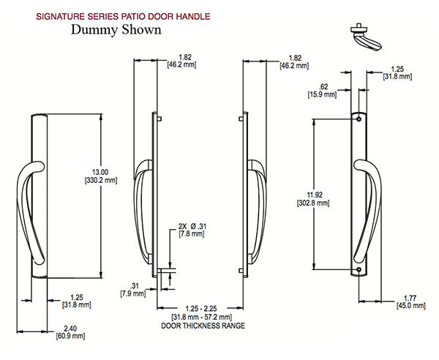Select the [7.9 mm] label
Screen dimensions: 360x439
click(x=132, y=294)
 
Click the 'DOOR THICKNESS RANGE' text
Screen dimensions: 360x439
click(x=203, y=325)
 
